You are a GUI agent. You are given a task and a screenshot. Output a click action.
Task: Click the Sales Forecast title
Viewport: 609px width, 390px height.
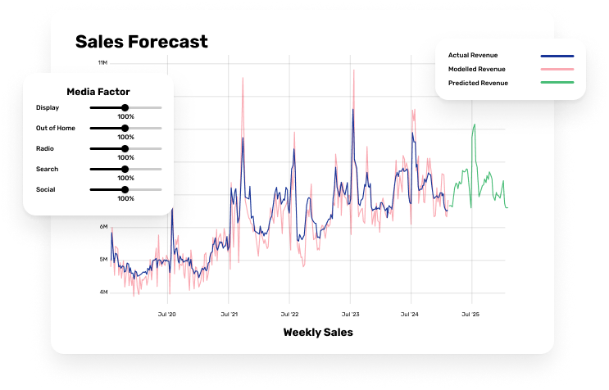coord(142,41)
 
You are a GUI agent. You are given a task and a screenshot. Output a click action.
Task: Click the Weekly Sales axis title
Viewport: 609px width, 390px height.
coord(318,332)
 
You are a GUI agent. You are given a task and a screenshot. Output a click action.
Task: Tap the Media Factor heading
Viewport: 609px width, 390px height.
coord(98,92)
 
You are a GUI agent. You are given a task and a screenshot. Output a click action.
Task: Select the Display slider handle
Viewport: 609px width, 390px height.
coord(125,107)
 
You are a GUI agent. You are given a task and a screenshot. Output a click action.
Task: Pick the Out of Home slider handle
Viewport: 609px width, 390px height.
coord(125,128)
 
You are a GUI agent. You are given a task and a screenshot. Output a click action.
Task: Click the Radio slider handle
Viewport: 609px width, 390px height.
coord(125,148)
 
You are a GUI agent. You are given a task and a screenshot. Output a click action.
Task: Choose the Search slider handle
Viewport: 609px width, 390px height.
coord(125,169)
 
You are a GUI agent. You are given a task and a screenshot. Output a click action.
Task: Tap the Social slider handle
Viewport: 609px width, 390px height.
coord(125,189)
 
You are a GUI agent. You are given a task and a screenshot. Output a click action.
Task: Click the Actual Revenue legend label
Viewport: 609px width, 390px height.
coord(474,55)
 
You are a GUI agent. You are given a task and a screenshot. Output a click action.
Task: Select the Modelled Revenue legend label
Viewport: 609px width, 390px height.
coord(476,69)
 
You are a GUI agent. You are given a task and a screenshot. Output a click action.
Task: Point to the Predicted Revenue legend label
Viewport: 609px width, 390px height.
coord(478,83)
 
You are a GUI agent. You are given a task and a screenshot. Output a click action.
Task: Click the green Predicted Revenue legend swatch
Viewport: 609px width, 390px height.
coord(557,83)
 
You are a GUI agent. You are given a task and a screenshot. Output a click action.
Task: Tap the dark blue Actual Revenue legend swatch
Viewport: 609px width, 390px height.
coord(557,56)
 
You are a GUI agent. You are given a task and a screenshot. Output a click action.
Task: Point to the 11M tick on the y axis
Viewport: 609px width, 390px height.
coord(102,62)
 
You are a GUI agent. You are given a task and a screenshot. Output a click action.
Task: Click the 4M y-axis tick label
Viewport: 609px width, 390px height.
coord(103,292)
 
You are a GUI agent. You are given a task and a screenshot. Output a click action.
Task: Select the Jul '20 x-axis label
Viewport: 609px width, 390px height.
coord(166,314)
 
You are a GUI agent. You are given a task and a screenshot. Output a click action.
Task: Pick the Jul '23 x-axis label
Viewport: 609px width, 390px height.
coord(350,314)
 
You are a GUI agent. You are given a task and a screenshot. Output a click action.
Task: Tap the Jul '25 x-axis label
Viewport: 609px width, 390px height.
coord(470,314)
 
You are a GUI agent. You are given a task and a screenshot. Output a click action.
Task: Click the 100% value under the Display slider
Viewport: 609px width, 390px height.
coord(125,117)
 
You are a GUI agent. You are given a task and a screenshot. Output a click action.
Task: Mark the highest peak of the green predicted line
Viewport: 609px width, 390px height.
coord(475,125)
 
